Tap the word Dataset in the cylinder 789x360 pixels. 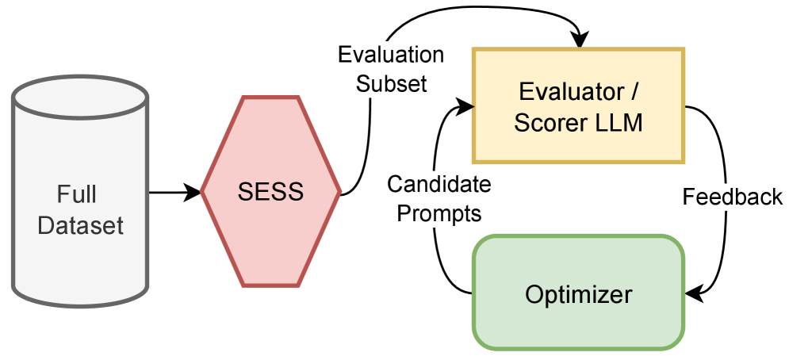coord(80,225)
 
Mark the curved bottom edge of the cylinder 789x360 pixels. coord(80,304)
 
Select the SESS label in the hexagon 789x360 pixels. coord(270,192)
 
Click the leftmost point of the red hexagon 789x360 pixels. coord(201,190)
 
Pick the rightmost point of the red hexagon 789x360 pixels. coord(341,190)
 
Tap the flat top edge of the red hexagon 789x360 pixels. coord(270,98)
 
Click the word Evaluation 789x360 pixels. coord(391,56)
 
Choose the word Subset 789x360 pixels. coord(391,83)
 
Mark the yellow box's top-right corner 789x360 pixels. coord(684,49)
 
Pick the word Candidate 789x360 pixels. coord(439,185)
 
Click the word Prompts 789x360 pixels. coord(439,213)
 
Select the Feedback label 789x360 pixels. coord(733,196)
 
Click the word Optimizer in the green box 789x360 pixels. coord(578,295)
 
